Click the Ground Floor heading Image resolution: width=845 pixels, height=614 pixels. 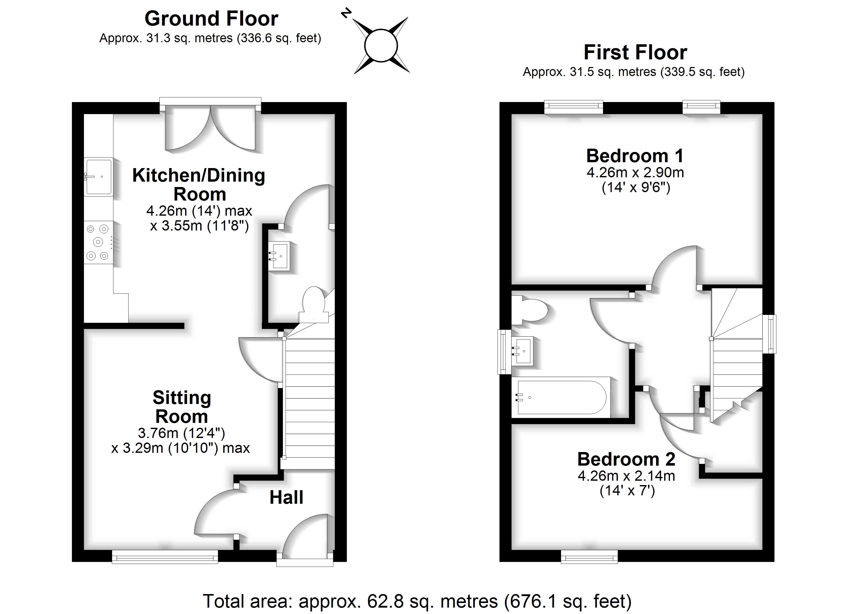pyautogui.click(x=211, y=19)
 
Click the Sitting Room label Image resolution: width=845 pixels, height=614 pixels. pyautogui.click(x=182, y=407)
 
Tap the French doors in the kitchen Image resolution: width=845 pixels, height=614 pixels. pyautogui.click(x=210, y=127)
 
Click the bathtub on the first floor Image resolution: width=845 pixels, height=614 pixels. pyautogui.click(x=561, y=397)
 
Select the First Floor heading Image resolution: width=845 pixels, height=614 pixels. pyautogui.click(x=635, y=52)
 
